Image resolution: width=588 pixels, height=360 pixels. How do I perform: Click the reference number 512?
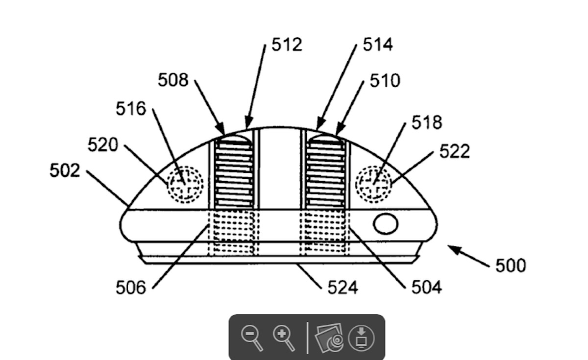[287, 45]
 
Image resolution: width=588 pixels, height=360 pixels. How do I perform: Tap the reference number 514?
[378, 44]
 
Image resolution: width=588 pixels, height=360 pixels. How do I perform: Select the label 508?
[173, 80]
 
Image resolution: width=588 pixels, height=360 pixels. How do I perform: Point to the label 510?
[385, 80]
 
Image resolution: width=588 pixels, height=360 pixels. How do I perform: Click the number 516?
[131, 108]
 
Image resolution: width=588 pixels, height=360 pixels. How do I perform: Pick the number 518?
[427, 122]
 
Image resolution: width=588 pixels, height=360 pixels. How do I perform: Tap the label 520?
[102, 144]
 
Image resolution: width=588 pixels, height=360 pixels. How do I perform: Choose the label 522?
[454, 151]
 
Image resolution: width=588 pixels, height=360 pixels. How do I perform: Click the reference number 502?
[65, 170]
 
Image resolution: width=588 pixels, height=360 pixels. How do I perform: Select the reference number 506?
[131, 288]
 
